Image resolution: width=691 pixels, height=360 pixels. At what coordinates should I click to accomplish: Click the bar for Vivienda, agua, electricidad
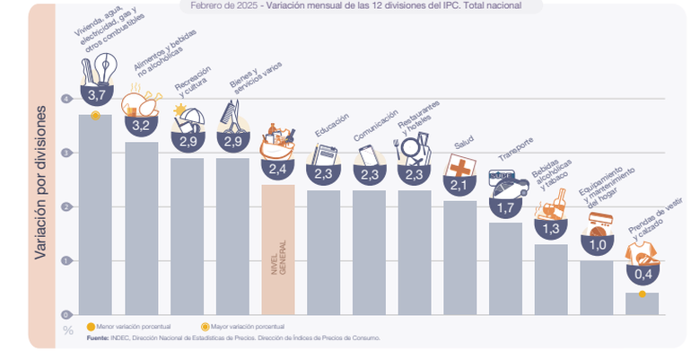pyautogui.click(x=95, y=215)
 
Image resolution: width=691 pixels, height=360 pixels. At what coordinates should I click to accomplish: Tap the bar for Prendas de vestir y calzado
pyautogui.click(x=642, y=303)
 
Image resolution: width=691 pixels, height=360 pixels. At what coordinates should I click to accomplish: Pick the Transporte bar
pyautogui.click(x=505, y=268)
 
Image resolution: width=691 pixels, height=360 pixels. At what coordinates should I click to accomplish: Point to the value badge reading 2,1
pyautogui.click(x=459, y=186)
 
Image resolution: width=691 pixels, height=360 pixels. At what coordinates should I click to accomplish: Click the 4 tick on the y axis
pyautogui.click(x=66, y=99)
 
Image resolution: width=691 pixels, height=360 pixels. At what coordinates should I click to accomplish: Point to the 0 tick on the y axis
pyautogui.click(x=66, y=314)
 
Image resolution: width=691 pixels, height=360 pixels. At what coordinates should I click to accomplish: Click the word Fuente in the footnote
pyautogui.click(x=97, y=338)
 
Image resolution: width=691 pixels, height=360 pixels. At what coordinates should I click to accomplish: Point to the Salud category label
pyautogui.click(x=464, y=143)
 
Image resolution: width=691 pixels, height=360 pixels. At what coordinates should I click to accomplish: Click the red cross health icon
pyautogui.click(x=459, y=168)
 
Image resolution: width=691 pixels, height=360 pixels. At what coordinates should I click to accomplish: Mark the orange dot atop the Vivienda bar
pyautogui.click(x=95, y=115)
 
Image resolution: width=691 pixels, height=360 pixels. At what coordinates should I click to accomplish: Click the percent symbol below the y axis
pyautogui.click(x=67, y=329)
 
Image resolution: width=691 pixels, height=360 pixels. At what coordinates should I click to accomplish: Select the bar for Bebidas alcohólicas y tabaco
pyautogui.click(x=551, y=279)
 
